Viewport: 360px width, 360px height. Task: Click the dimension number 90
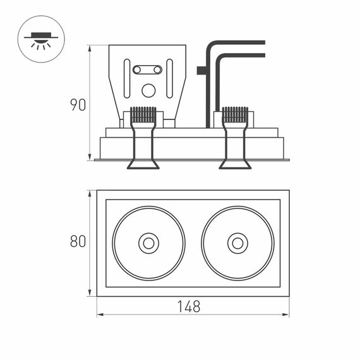pyautogui.click(x=78, y=105)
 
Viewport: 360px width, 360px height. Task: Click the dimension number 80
pyautogui.click(x=78, y=241)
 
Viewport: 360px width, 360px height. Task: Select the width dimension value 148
pyautogui.click(x=188, y=307)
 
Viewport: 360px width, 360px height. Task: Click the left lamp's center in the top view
pyautogui.click(x=148, y=243)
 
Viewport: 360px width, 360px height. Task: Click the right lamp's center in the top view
pyautogui.click(x=237, y=243)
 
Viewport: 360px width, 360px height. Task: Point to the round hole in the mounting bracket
pyautogui.click(x=148, y=90)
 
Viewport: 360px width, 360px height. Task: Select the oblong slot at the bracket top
pyautogui.click(x=147, y=69)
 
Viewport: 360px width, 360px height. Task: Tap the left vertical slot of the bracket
pyautogui.click(x=127, y=78)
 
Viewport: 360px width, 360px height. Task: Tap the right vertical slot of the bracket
pyautogui.click(x=169, y=78)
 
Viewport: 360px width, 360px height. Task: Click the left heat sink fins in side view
pyautogui.click(x=143, y=114)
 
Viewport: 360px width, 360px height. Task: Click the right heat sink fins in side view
pyautogui.click(x=235, y=114)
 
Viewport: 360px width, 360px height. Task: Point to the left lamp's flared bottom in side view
pyautogui.click(x=143, y=165)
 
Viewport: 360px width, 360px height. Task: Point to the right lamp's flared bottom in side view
pyautogui.click(x=235, y=165)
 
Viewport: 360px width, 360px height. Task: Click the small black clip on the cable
pyautogui.click(x=201, y=71)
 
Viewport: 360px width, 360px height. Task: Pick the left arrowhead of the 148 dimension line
pyautogui.click(x=100, y=314)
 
